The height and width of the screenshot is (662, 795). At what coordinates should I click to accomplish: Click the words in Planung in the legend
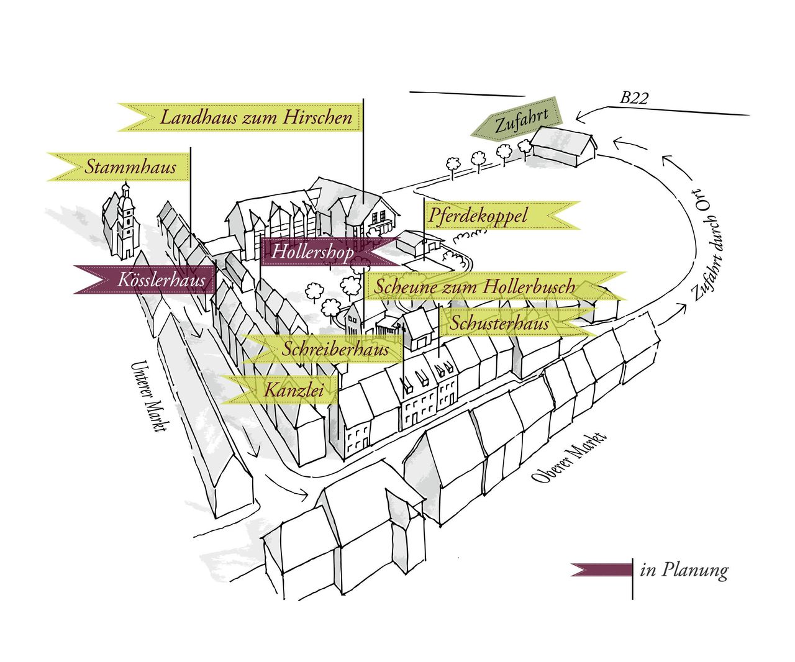[x=684, y=569]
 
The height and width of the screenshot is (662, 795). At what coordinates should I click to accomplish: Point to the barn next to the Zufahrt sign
[x=562, y=146]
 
